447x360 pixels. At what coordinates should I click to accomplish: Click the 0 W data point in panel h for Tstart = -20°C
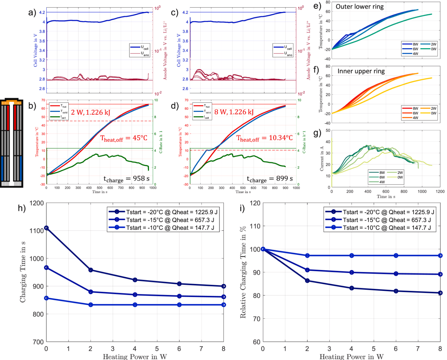[x=46, y=228]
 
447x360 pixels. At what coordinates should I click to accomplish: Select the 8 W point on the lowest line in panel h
[x=223, y=305]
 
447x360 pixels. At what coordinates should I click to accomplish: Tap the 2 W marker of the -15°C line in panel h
[x=91, y=292]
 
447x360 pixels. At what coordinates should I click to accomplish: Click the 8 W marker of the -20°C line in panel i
[x=440, y=293]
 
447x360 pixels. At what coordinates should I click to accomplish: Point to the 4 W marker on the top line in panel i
[x=352, y=255]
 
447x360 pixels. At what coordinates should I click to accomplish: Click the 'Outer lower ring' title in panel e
[x=359, y=7]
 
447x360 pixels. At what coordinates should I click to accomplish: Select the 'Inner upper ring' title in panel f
[x=361, y=71]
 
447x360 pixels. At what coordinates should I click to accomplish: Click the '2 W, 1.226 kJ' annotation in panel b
[x=91, y=112]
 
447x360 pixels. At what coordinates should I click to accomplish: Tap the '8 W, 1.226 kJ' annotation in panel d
[x=234, y=112]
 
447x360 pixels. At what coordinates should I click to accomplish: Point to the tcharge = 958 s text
[x=126, y=179]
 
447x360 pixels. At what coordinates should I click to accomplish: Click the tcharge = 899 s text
[x=270, y=179]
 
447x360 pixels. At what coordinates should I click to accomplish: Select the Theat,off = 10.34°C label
[x=264, y=138]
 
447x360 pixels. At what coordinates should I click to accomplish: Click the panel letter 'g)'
[x=317, y=133]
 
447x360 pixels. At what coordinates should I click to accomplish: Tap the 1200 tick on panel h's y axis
[x=37, y=203]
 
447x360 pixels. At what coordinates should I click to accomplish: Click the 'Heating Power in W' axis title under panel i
[x=351, y=357]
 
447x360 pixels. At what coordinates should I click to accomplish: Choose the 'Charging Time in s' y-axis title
[x=23, y=272]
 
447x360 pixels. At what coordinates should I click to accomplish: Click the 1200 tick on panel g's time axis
[x=440, y=192]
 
